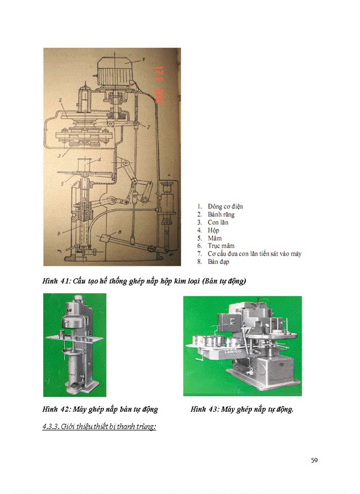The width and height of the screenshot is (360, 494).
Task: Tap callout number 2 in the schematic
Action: pyautogui.click(x=61, y=99)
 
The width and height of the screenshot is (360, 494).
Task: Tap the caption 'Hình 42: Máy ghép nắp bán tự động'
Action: pyautogui.click(x=100, y=410)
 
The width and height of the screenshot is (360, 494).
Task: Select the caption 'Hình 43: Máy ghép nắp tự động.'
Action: pyautogui.click(x=242, y=410)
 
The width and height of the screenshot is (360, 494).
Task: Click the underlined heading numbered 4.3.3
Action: pyautogui.click(x=99, y=427)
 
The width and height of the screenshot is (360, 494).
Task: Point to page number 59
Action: pyautogui.click(x=314, y=460)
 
